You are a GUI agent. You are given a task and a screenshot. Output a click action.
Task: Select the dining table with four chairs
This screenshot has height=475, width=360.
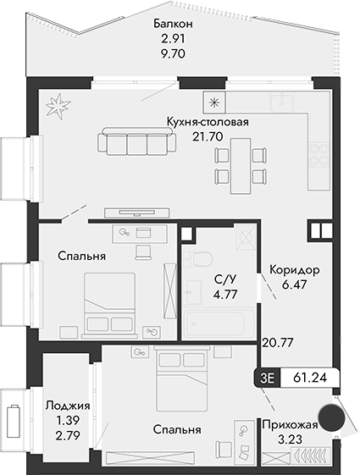pos(239,163)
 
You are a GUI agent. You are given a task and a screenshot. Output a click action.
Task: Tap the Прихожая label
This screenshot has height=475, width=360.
pos(291,425)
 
